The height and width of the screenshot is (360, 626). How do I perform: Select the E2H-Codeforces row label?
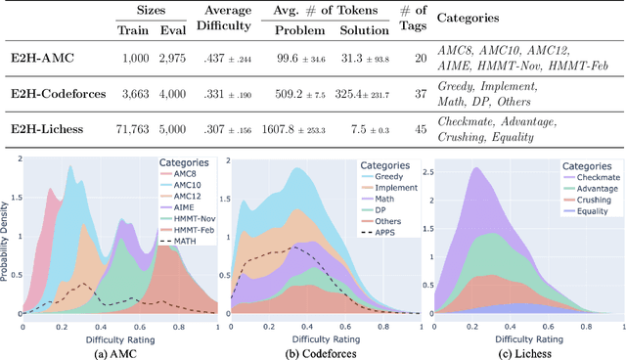pos(59,96)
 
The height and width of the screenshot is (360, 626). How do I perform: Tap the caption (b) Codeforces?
pos(315,351)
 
